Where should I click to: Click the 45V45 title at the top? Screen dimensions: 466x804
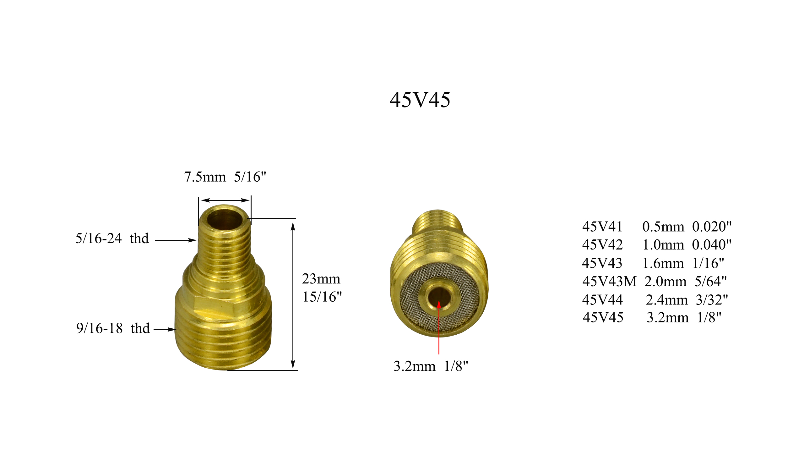point(420,100)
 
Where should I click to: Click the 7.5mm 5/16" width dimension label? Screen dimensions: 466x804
point(225,177)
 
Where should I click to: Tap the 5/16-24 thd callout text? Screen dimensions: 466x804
point(112,238)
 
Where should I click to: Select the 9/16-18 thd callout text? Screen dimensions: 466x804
point(113,328)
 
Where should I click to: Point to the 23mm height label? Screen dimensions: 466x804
point(321,279)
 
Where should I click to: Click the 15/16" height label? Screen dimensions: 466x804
point(322,297)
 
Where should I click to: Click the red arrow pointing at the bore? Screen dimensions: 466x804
point(439,329)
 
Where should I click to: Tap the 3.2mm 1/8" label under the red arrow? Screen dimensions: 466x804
point(431,366)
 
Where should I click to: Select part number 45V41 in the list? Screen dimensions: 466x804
point(602,227)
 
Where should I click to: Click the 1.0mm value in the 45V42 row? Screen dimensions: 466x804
point(663,245)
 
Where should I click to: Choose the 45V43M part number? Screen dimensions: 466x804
point(609,282)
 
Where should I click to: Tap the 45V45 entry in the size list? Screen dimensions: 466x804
point(603,317)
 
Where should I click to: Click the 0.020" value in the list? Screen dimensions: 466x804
point(711,227)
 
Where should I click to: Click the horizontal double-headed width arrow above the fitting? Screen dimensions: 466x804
point(225,200)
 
